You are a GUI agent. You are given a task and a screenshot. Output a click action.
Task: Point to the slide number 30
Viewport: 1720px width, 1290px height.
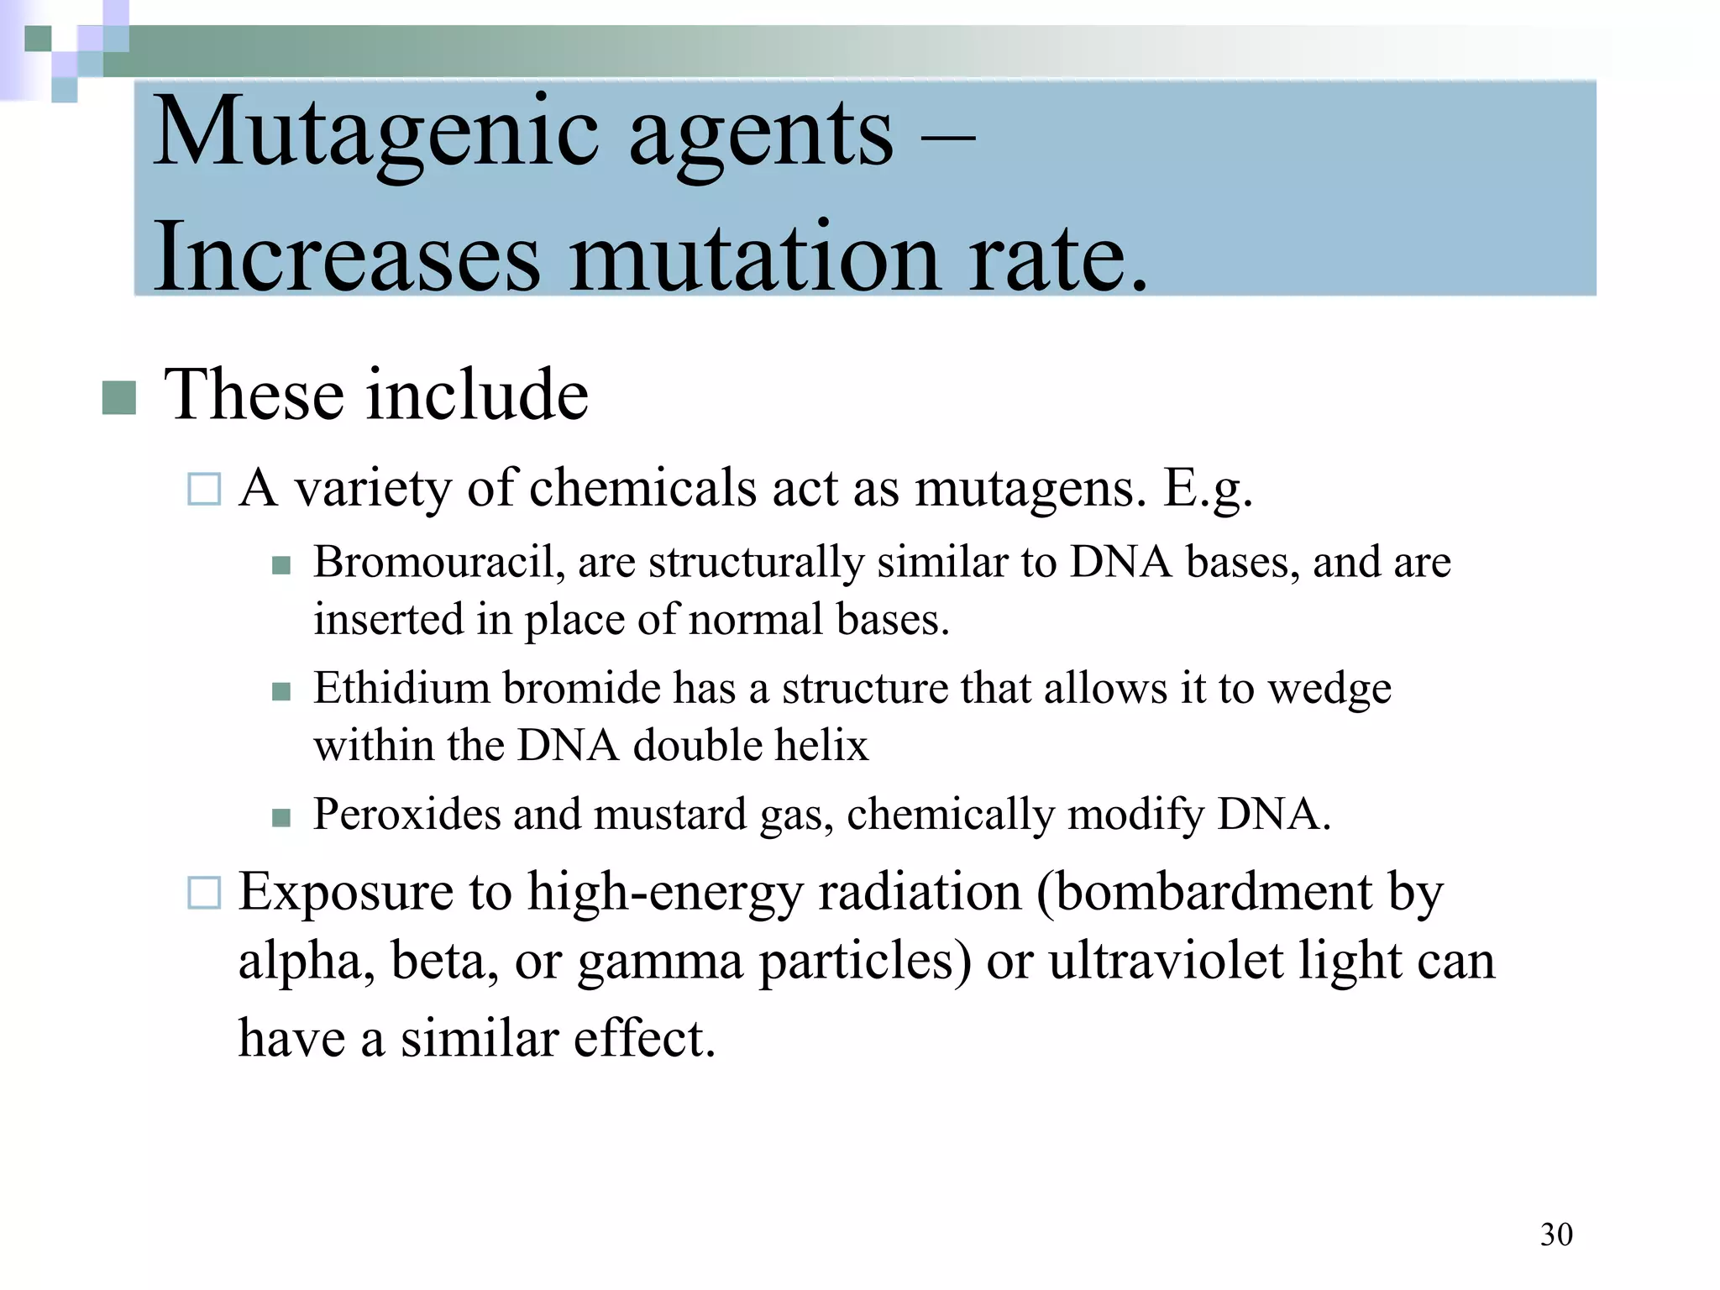click(1556, 1235)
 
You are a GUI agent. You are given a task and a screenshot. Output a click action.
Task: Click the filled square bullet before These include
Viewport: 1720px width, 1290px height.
click(119, 398)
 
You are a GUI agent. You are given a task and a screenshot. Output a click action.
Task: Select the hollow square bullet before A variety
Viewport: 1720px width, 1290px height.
click(204, 489)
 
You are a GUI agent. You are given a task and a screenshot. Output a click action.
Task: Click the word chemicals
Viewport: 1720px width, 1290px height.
click(642, 487)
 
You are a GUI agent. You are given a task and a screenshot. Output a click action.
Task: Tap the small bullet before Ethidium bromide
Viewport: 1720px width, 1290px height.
click(281, 692)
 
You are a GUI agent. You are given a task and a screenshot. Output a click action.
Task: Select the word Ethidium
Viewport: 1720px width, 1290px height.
click(401, 688)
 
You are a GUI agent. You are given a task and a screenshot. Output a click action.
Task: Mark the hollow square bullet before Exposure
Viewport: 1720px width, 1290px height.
click(204, 893)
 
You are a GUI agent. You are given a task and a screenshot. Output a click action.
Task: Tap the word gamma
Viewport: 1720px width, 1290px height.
click(660, 962)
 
